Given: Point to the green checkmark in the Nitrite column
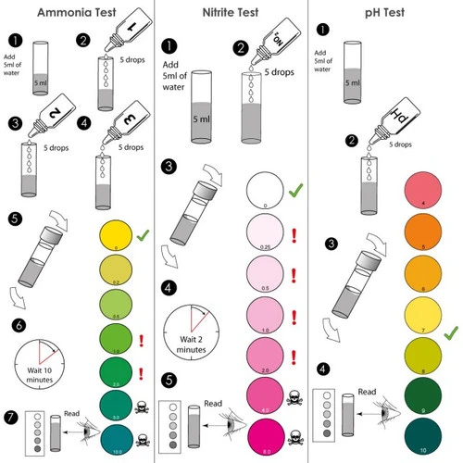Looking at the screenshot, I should pyautogui.click(x=295, y=190).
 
